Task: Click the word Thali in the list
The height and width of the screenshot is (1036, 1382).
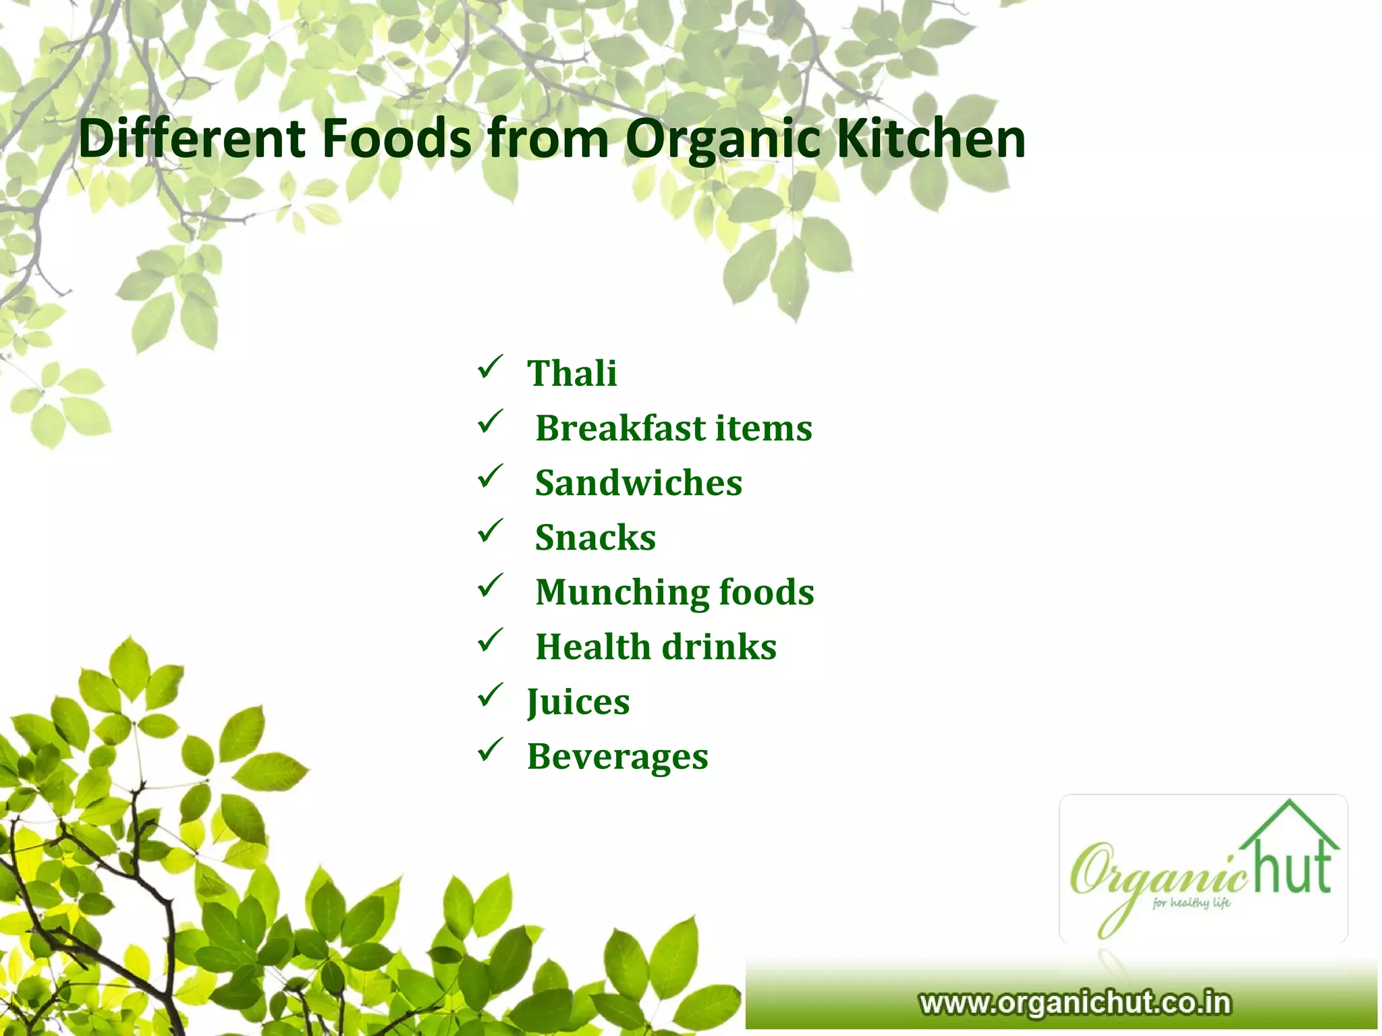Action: pyautogui.click(x=572, y=373)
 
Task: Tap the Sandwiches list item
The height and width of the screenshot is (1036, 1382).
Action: pyautogui.click(x=638, y=483)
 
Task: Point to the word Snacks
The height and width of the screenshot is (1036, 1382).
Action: pyautogui.click(x=595, y=538)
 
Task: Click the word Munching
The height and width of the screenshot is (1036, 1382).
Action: pyautogui.click(x=621, y=592)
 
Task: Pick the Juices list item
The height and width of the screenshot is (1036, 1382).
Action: pyautogui.click(x=578, y=701)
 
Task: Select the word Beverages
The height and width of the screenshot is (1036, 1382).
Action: pyautogui.click(x=617, y=756)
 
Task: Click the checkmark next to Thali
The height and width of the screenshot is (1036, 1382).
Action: pyautogui.click(x=489, y=368)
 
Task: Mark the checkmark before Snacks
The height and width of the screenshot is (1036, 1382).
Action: pyautogui.click(x=489, y=531)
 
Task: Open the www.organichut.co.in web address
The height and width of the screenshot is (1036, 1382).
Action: pyautogui.click(x=1074, y=1002)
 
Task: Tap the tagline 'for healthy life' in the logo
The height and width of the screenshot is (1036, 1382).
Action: pyautogui.click(x=1191, y=902)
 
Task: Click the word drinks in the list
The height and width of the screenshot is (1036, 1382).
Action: pyautogui.click(x=719, y=646)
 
